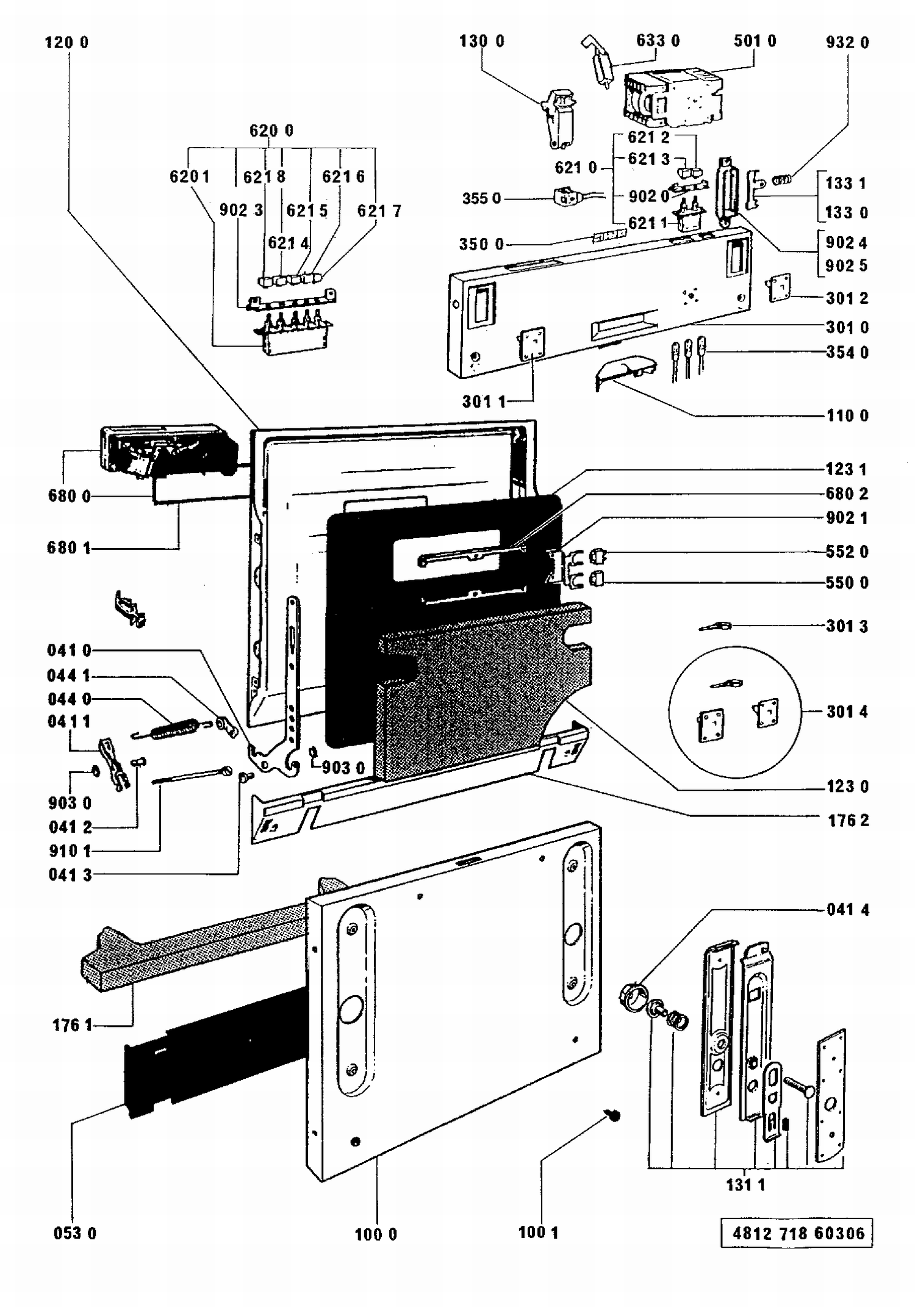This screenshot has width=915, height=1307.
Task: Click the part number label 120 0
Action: pos(66,42)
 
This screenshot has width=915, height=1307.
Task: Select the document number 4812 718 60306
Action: pos(798,1233)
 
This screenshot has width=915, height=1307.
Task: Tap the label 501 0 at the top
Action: pos(755,41)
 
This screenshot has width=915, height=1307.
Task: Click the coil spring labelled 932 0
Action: pos(782,180)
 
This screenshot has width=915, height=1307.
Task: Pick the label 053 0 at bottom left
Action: pos(74,1233)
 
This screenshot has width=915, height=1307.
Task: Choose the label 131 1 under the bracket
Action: pos(745,1185)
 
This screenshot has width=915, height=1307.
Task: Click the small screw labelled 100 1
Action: pos(613,1115)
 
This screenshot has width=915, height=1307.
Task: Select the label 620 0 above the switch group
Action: pos(271,131)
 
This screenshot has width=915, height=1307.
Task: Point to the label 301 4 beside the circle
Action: pos(847,711)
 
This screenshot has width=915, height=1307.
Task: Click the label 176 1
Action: pos(72,1025)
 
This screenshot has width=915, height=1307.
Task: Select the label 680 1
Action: pos(68,547)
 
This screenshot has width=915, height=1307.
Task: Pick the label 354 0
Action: pos(847,352)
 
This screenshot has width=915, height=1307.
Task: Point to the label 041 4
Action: pos(847,910)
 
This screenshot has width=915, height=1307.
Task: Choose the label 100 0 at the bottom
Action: pos(376,1234)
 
